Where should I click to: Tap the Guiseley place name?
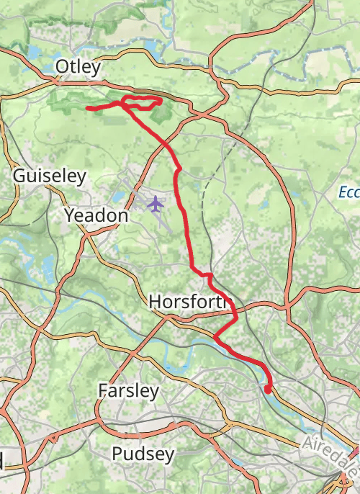[50, 176]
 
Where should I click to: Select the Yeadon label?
[96, 215]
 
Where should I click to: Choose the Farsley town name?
[128, 391]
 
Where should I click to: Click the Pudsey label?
[143, 454]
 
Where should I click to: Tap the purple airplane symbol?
[155, 204]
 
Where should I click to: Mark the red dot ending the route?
[268, 390]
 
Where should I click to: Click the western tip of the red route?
[88, 109]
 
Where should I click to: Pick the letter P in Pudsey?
[117, 454]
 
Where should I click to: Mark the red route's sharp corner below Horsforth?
[215, 337]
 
